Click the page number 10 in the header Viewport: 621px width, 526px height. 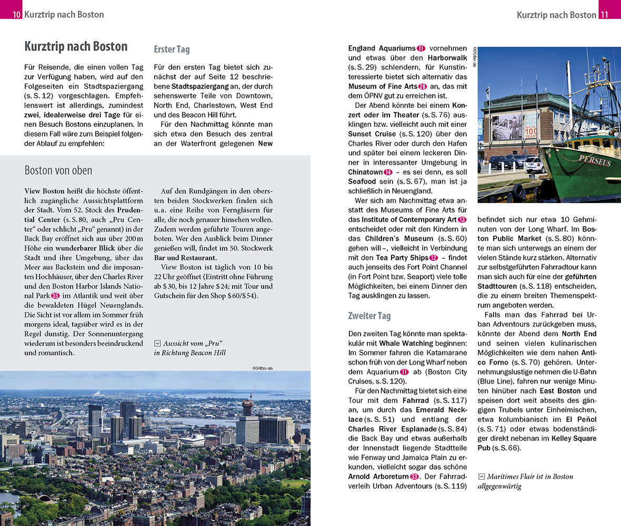click(x=17, y=15)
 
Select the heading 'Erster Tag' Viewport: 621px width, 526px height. click(x=172, y=49)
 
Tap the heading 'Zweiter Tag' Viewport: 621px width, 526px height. click(x=369, y=316)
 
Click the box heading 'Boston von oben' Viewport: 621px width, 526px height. click(x=58, y=170)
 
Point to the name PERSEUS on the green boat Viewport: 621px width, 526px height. click(x=595, y=160)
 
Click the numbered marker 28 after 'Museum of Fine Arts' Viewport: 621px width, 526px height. click(x=423, y=86)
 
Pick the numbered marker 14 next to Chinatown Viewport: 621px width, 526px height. click(x=388, y=172)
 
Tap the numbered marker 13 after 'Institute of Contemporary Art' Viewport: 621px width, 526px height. click(x=462, y=219)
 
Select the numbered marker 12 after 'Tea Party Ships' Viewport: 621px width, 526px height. click(x=434, y=258)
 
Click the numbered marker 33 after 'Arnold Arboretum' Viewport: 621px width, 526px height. click(x=415, y=477)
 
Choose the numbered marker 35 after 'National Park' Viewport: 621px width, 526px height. click(x=55, y=296)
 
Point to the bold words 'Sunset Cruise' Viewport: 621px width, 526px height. click(x=371, y=134)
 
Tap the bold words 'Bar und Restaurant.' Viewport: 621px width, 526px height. click(x=185, y=258)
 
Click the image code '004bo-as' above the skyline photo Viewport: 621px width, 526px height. click(x=263, y=368)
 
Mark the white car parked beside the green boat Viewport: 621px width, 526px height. click(x=534, y=166)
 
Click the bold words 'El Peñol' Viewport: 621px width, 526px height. click(x=582, y=419)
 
